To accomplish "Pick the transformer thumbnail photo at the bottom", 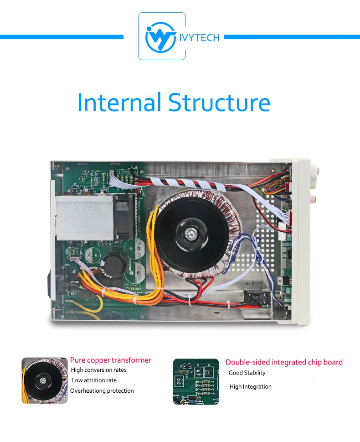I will coord(44,380).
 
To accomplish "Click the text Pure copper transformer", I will coord(111,360).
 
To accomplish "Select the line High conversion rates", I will coord(99,370).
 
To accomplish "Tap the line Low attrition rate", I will coord(94,380).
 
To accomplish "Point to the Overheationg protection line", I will coord(102,391).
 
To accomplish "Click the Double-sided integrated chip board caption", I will coord(284,362).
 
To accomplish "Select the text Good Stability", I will coord(247,373).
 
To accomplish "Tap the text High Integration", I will coord(250,387).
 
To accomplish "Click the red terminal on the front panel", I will coord(313,199).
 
